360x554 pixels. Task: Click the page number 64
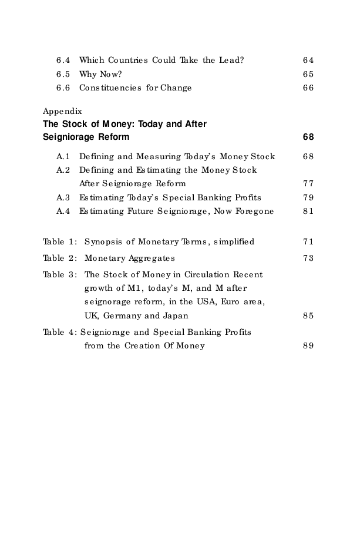308,60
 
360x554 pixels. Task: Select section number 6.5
63,74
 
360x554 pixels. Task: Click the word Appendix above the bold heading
62,111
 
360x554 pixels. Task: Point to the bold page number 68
308,137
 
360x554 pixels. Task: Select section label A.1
63,157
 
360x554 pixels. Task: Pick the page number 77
308,184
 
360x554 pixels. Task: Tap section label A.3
63,197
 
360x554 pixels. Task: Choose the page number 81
308,211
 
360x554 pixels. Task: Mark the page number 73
308,258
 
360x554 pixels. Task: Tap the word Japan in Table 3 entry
173,315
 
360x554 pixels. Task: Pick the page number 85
308,315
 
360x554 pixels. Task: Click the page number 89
308,346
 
